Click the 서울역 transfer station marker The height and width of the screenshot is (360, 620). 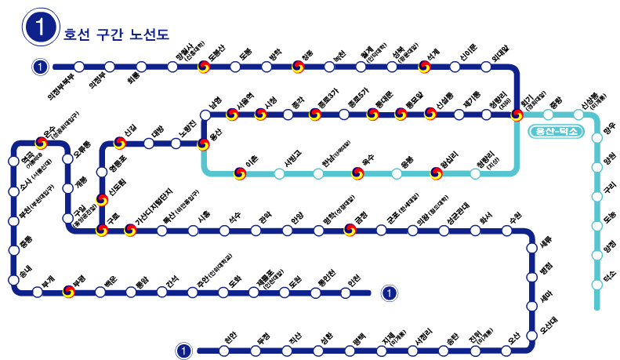232,115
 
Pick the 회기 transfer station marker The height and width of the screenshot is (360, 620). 517,115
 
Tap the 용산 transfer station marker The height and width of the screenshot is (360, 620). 204,144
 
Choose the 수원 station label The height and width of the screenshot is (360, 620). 515,216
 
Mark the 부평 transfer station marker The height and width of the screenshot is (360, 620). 70,293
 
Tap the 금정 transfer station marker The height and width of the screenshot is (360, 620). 350,231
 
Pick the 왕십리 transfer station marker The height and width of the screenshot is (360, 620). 436,173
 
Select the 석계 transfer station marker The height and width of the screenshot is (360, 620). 425,67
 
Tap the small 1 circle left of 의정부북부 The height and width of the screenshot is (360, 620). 40,67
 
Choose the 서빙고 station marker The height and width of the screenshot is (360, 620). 280,173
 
